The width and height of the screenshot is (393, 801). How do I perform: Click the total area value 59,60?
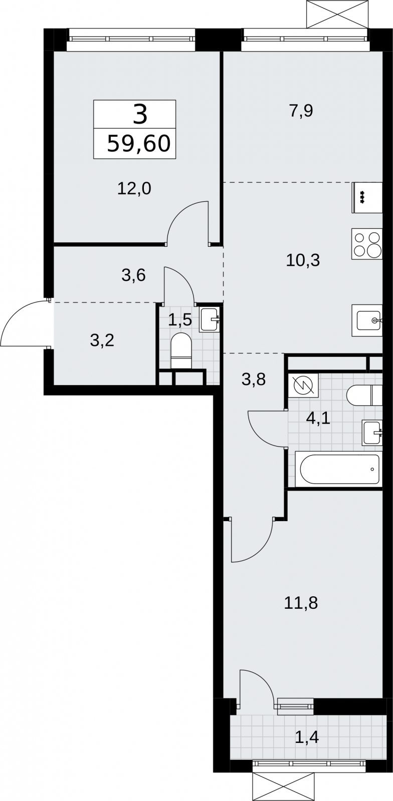coord(139,144)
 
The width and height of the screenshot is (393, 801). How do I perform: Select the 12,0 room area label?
coord(134,188)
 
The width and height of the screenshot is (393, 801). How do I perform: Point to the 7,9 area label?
coord(301,111)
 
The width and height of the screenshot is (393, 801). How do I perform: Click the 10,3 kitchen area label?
coord(303,260)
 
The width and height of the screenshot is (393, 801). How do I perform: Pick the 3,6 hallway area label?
coord(133,275)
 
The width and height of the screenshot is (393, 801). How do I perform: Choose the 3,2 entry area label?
coord(102,340)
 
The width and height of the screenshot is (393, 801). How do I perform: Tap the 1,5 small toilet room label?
coord(180,320)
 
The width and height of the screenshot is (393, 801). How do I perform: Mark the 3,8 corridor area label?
coord(254,379)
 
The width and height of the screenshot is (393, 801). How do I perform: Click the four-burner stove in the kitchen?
coord(367,244)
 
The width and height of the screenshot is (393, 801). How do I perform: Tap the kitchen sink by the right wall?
coord(367,320)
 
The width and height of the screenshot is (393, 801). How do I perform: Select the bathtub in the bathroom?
coord(338,469)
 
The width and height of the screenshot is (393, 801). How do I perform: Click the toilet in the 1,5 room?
coord(181,350)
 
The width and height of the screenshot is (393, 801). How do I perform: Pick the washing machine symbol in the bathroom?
coord(303,386)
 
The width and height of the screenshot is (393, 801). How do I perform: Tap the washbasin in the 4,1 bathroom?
coord(372,433)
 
